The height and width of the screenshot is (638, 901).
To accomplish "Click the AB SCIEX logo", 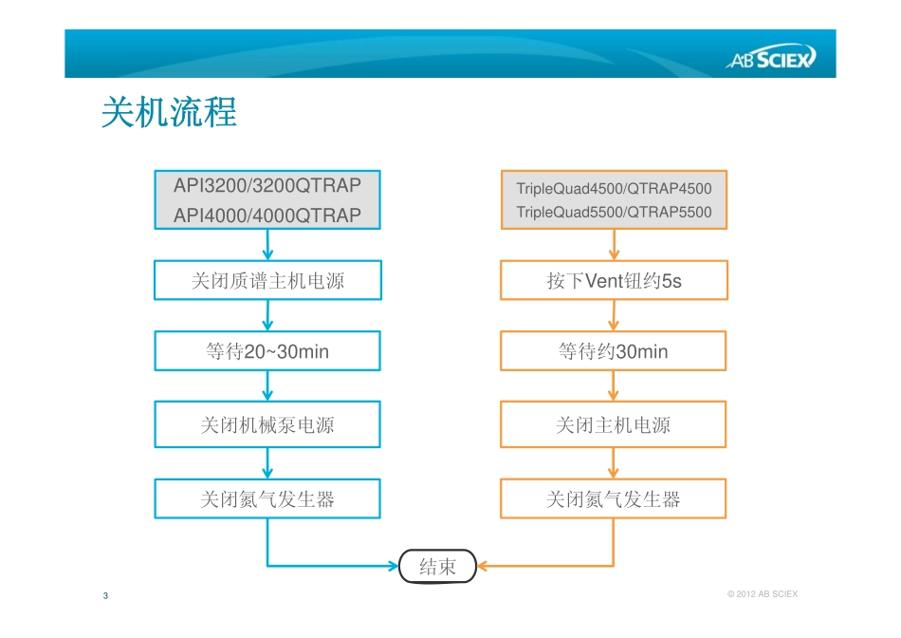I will pos(770,61).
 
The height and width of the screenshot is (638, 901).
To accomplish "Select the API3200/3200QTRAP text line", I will pos(267,185).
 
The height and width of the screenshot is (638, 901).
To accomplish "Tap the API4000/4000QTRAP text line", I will pos(267,216).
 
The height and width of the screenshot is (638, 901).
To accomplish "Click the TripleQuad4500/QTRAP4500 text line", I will pos(614,189).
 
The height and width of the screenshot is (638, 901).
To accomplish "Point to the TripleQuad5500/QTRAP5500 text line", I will pos(614,213).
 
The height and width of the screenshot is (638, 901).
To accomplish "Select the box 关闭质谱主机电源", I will pos(267,281).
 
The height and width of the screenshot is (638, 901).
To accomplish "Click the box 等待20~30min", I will pos(267,351).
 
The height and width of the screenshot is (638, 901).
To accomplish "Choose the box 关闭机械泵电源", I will pos(267,424).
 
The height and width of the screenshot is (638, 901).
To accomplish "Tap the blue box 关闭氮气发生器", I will pos(267,498).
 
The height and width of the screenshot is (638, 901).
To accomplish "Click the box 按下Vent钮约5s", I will pos(614,281).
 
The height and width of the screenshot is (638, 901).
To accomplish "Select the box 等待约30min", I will pos(614,351).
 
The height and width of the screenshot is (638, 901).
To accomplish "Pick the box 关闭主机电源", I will pos(614,424).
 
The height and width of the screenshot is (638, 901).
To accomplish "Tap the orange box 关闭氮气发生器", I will pos(614,498).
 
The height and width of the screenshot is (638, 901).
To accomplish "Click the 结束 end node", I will pos(437,567).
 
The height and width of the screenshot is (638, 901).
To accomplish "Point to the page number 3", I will pos(105,595).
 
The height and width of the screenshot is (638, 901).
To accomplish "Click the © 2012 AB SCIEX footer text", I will pos(762,594).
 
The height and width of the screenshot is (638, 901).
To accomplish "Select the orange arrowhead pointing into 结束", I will pos(482,567).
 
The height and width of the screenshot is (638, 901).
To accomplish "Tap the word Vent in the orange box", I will pos(603,281).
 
